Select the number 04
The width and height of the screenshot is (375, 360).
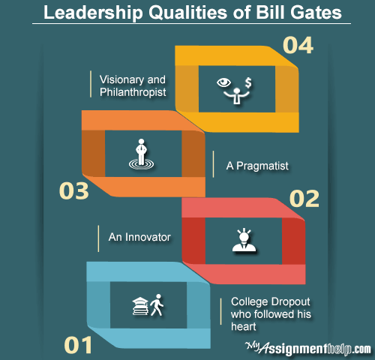[x=298, y=45]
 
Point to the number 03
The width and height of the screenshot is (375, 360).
[x=73, y=190]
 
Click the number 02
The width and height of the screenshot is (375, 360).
[x=304, y=199]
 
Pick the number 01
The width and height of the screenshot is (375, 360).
[x=78, y=345]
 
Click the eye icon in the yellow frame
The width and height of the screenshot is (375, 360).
[x=223, y=82]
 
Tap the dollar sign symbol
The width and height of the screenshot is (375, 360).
[x=248, y=82]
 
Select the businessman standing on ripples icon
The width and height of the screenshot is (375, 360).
[x=141, y=154]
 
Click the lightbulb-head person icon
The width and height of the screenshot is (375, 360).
[x=244, y=240]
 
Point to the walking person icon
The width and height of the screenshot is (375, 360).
[x=157, y=304]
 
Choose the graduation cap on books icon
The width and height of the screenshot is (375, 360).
[x=140, y=306]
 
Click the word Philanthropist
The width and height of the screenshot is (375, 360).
[x=133, y=92]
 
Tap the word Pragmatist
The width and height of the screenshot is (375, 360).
[x=262, y=166]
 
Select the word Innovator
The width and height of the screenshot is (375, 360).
[x=148, y=237]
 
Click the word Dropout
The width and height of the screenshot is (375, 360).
[x=290, y=301]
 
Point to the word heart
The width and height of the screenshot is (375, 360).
[x=244, y=326]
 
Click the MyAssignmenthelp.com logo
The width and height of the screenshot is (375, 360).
[x=308, y=348]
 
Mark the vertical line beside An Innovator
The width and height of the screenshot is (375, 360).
[x=98, y=238]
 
